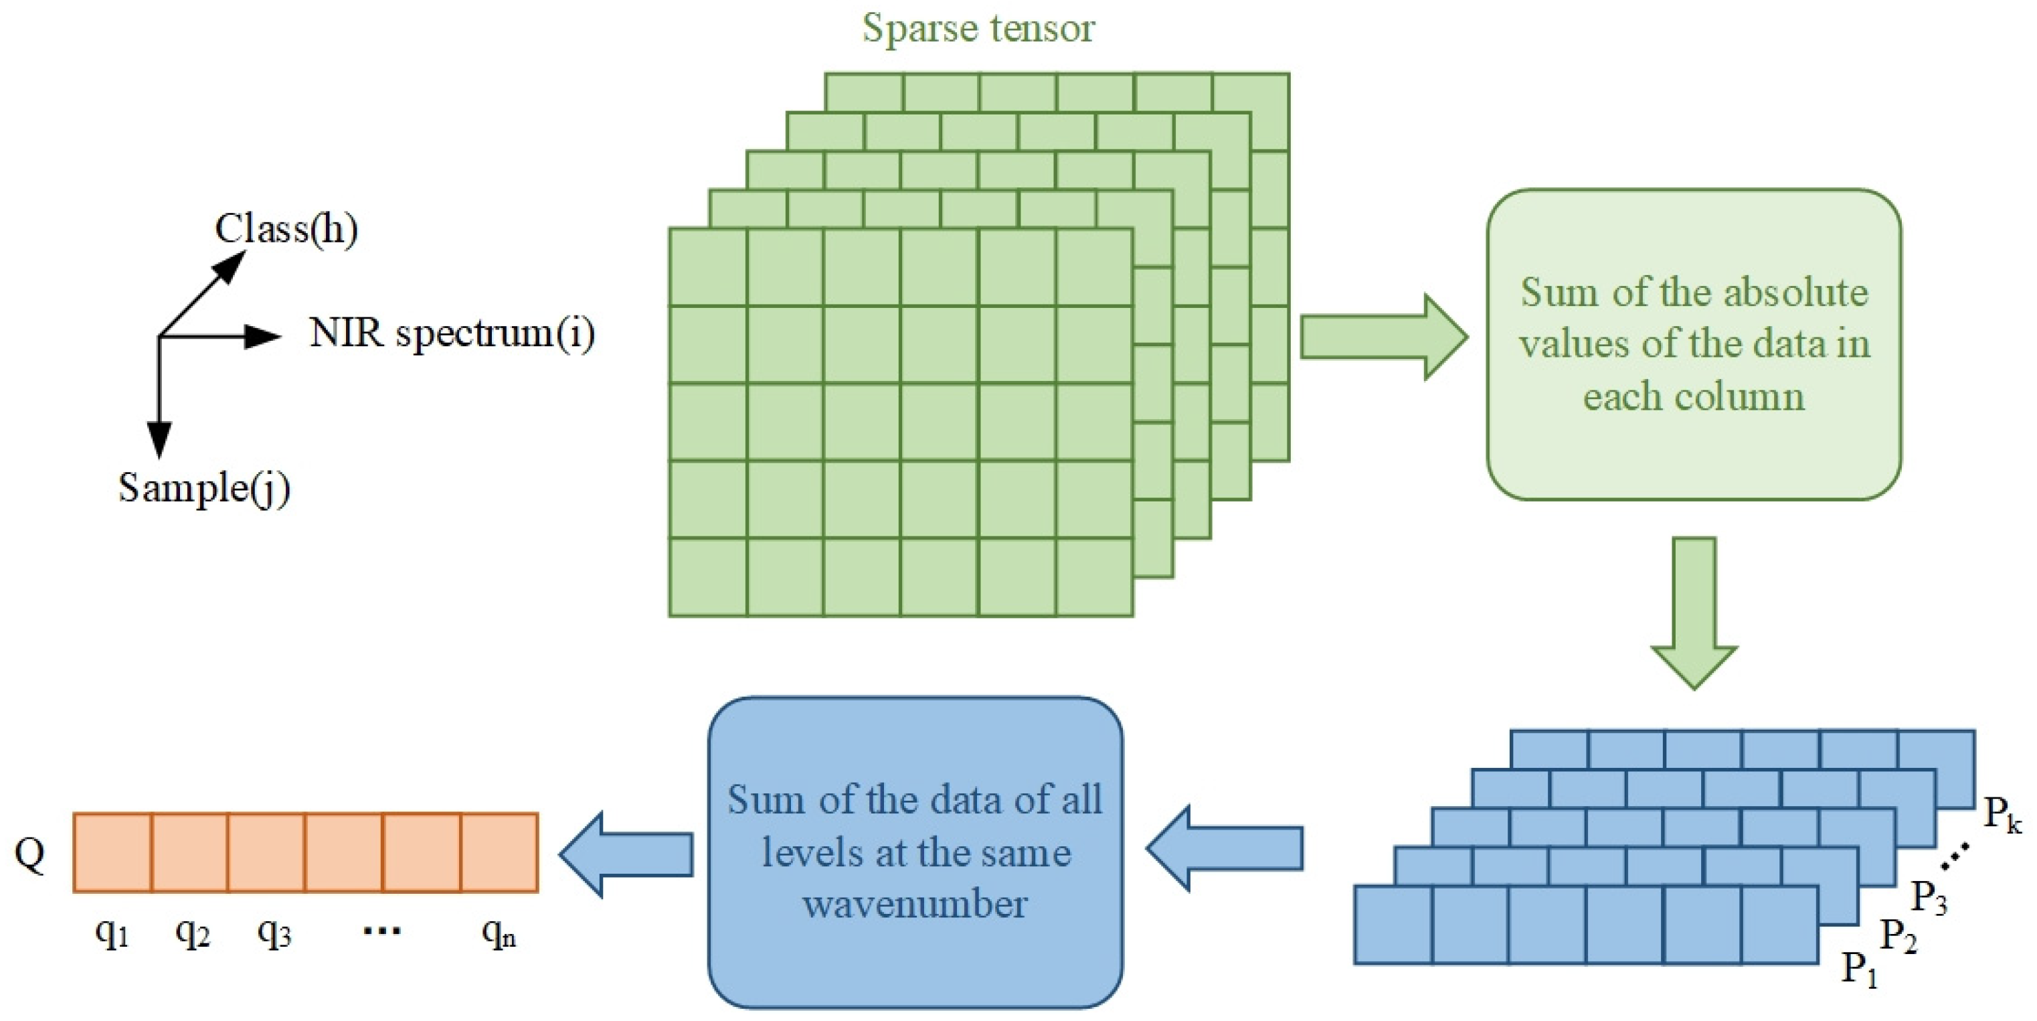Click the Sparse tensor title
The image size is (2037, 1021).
pyautogui.click(x=978, y=29)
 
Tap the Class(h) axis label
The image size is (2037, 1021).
pyautogui.click(x=286, y=230)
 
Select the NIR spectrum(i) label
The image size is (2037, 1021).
pyautogui.click(x=452, y=333)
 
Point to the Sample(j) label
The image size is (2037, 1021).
pyautogui.click(x=204, y=487)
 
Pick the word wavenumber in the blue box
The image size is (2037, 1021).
pyautogui.click(x=915, y=904)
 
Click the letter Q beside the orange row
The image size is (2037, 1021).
pyautogui.click(x=30, y=854)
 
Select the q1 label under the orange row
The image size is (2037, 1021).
pyautogui.click(x=112, y=934)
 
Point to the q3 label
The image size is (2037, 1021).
pyautogui.click(x=274, y=934)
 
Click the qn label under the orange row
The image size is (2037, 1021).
pyautogui.click(x=498, y=934)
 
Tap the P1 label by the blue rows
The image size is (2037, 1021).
pyautogui.click(x=1859, y=969)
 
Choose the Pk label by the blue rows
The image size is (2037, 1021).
pyautogui.click(x=2002, y=815)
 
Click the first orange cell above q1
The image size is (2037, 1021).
pyautogui.click(x=112, y=852)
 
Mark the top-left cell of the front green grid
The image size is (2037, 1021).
pyautogui.click(x=708, y=267)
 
